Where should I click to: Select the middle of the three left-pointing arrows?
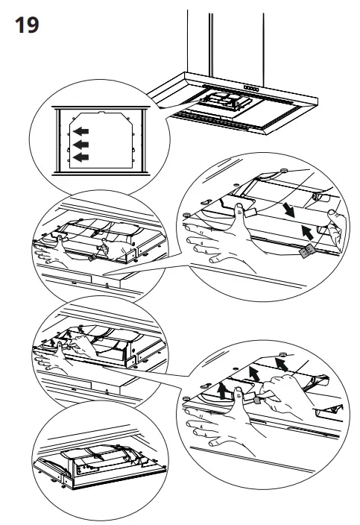click(x=80, y=145)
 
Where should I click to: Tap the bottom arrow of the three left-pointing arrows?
click(x=80, y=157)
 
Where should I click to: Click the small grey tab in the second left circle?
click(x=92, y=257)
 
